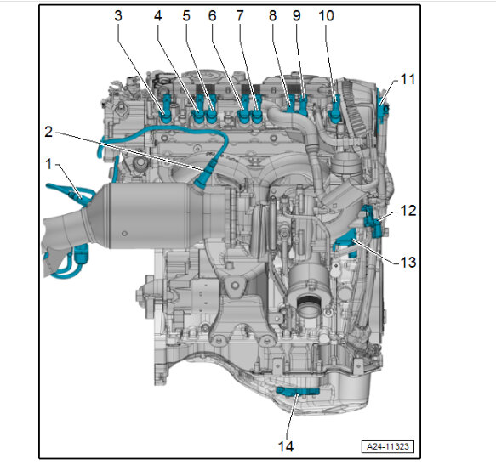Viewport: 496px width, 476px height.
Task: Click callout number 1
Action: pos(48,164)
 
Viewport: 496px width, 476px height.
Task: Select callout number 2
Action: pos(48,132)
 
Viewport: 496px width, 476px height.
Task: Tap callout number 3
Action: pos(118,15)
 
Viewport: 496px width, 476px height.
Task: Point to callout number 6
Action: pos(212,15)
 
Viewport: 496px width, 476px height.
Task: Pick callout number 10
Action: pos(326,15)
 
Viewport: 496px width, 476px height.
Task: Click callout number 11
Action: pos(408,79)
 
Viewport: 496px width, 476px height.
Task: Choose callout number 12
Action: pos(408,211)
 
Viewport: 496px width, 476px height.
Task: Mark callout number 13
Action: pos(408,262)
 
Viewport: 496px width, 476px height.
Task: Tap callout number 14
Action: pos(286,446)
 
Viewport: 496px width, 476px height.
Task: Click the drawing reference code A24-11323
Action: pos(387,446)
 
